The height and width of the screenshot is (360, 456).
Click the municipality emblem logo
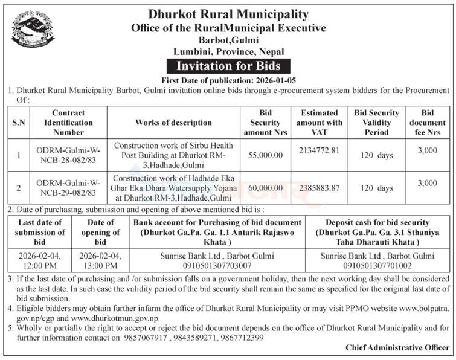click(x=33, y=33)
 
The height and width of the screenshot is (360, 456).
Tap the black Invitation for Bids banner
click(x=228, y=66)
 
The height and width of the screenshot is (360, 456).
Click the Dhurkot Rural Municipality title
click(x=228, y=14)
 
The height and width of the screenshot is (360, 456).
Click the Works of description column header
click(x=173, y=123)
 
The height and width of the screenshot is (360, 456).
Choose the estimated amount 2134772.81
click(x=319, y=149)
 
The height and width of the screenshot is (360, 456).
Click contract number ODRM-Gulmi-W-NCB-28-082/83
click(x=68, y=155)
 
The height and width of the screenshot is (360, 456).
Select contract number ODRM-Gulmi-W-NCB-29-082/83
click(x=68, y=188)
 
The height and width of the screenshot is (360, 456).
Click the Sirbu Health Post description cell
click(x=173, y=155)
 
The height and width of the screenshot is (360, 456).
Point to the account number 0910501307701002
click(x=377, y=265)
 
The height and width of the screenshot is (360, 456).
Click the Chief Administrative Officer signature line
click(x=398, y=348)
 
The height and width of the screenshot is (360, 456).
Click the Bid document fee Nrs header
click(x=428, y=123)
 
